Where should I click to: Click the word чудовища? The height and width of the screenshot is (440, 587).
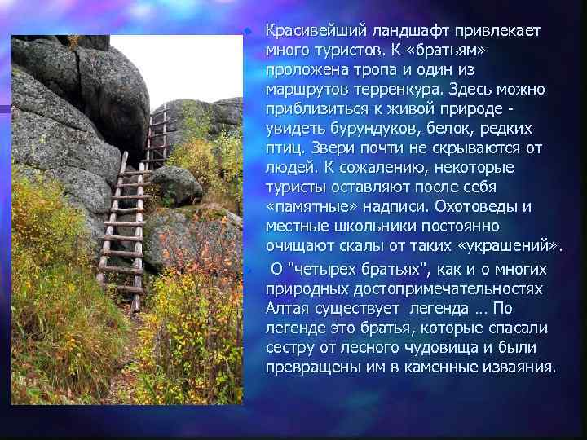pos(424,347)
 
